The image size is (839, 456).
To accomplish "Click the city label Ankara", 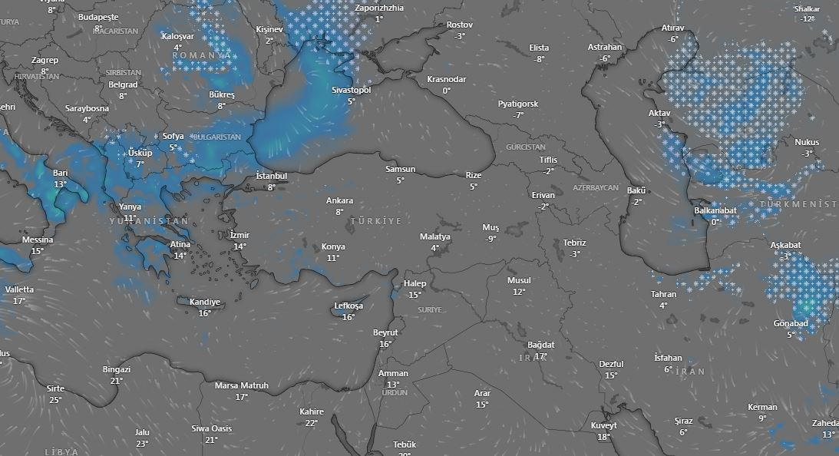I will click(339, 201).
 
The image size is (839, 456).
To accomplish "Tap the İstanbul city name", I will click(271, 177).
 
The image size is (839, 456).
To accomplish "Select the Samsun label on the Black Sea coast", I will click(400, 170).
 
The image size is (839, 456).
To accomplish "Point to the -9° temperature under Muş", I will click(491, 239).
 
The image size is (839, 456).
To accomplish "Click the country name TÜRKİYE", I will click(376, 221).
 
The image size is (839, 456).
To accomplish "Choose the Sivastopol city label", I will click(351, 91).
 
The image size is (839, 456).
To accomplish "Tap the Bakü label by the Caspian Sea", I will click(636, 191).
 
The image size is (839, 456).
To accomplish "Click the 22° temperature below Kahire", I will click(311, 423).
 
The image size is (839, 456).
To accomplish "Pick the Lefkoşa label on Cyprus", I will click(348, 306).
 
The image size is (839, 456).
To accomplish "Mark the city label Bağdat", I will click(540, 345).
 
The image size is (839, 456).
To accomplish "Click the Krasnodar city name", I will click(446, 80).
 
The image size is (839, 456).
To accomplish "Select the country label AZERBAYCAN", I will click(596, 188).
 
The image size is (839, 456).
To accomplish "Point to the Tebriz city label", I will click(574, 243).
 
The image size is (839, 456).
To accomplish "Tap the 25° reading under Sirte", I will click(55, 400).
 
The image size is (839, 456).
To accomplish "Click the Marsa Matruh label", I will click(241, 386).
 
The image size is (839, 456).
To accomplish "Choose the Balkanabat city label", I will click(715, 211).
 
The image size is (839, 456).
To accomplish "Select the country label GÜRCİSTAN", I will click(526, 147).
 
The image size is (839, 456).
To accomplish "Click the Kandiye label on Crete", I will click(204, 302).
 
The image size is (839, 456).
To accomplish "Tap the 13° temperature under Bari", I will click(61, 185).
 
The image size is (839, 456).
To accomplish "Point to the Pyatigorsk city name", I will click(518, 104).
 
